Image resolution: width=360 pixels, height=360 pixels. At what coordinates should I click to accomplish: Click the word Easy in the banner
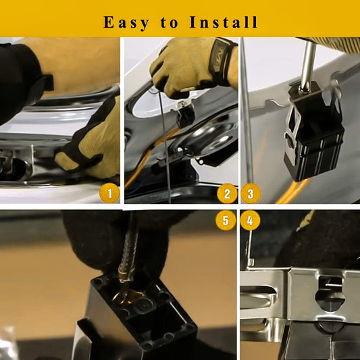[x=126, y=22]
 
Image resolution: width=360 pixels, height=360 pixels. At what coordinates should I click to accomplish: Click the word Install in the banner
[x=224, y=22]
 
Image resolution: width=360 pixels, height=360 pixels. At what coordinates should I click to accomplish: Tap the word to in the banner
[x=170, y=22]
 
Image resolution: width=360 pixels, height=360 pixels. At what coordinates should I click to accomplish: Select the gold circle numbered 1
[x=109, y=193]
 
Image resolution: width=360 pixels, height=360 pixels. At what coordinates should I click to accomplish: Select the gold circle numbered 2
[x=227, y=194]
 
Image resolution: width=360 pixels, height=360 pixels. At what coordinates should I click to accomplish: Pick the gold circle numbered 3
[x=251, y=194]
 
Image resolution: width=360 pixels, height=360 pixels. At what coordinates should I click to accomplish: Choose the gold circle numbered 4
[x=250, y=220]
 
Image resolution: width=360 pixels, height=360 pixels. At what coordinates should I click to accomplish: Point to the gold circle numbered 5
[x=226, y=220]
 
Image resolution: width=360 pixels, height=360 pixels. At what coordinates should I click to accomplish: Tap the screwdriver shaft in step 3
[x=307, y=67]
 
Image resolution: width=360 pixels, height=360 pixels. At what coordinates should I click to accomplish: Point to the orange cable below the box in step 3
[x=292, y=191]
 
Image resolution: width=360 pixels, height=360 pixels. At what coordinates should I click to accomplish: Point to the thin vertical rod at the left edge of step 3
[x=247, y=110]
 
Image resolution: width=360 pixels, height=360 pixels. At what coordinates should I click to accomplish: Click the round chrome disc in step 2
[x=205, y=138]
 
